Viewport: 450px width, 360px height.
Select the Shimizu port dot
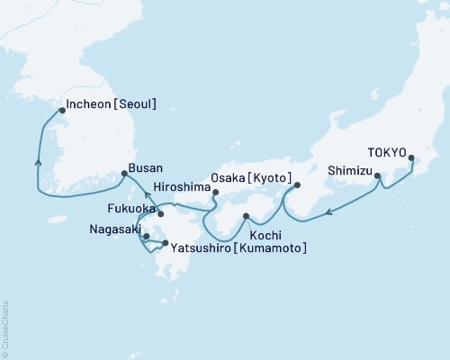377,176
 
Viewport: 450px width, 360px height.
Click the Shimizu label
347,168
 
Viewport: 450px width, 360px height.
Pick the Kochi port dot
246,216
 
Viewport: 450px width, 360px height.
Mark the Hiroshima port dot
215,191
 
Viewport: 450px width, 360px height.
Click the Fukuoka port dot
160,214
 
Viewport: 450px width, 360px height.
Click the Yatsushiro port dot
164,243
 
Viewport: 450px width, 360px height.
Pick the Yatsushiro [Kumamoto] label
237,247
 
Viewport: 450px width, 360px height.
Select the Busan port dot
124,173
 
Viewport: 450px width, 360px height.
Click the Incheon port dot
61,111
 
